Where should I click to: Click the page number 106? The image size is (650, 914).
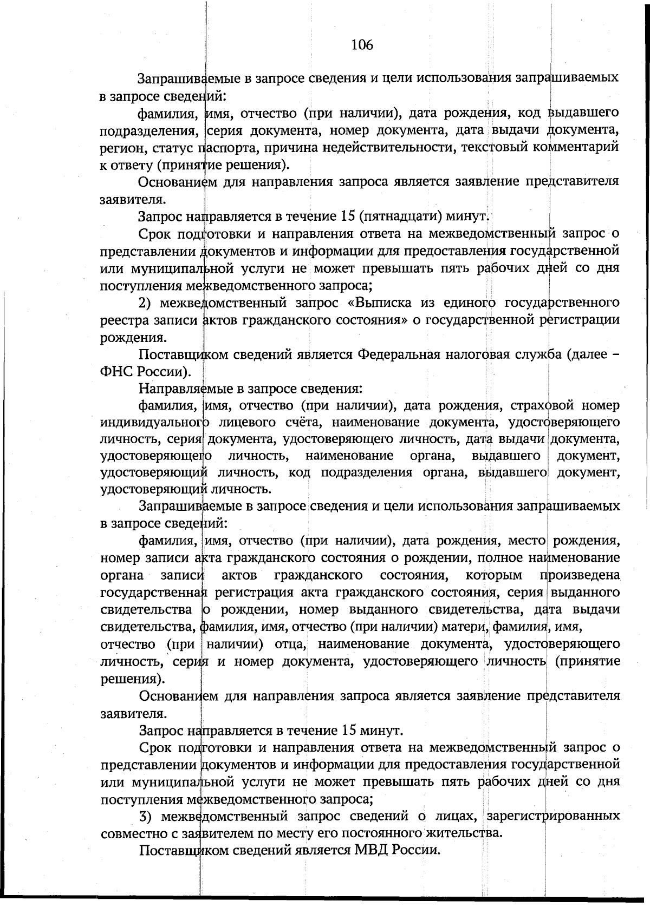(362, 45)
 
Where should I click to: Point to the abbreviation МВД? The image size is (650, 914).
(372, 850)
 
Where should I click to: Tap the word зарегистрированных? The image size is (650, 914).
(553, 815)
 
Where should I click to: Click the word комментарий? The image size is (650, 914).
(574, 147)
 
